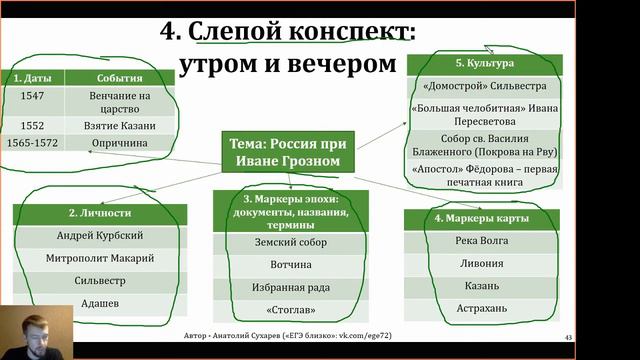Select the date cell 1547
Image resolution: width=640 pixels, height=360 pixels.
(31, 97)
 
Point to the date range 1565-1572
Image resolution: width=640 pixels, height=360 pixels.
(31, 143)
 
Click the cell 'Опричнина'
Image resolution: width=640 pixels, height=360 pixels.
(121, 143)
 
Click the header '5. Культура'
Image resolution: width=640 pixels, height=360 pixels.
(484, 63)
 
